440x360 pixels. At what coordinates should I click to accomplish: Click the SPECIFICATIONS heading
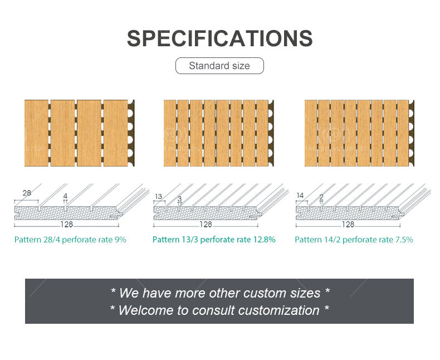[x=219, y=38]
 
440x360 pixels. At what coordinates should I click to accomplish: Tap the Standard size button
[x=219, y=66]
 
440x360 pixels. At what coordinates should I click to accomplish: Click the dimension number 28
[x=27, y=193]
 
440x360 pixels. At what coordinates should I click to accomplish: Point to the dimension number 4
[x=65, y=196]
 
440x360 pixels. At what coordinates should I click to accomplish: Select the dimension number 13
[x=159, y=196]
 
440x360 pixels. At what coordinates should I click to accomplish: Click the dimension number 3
[x=179, y=199]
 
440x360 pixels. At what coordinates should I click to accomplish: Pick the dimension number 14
[x=300, y=196]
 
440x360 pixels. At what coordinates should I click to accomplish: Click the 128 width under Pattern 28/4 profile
[x=66, y=224]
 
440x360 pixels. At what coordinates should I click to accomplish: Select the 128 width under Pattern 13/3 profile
[x=206, y=225]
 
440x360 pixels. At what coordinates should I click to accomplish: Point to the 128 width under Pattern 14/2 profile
[x=348, y=225]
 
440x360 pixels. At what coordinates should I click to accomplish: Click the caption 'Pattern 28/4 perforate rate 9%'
[x=70, y=240]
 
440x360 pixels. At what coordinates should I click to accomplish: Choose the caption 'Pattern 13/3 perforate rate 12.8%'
[x=214, y=240]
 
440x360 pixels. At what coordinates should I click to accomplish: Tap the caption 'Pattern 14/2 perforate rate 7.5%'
[x=354, y=240]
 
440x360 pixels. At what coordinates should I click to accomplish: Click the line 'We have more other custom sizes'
[x=219, y=293]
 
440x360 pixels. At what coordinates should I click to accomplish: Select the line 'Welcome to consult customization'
[x=219, y=310]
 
